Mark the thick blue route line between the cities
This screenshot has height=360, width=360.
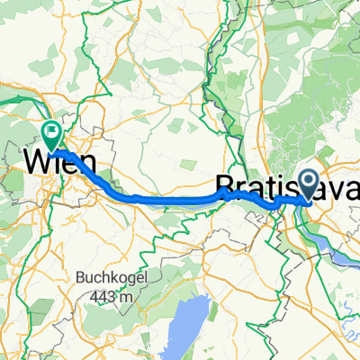(162, 196)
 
